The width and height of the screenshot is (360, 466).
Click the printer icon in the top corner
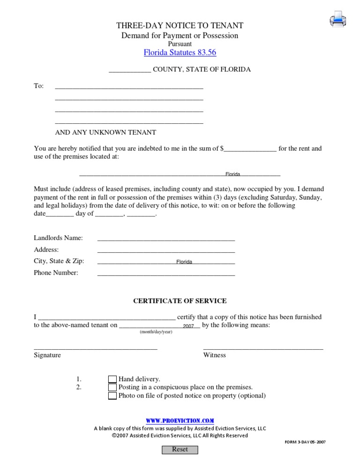[x=338, y=19]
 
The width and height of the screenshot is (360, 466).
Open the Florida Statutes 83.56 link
[x=180, y=53]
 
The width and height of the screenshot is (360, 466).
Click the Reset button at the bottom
[x=180, y=450]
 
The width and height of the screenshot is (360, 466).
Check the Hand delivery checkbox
[x=112, y=379]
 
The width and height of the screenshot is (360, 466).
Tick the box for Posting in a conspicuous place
[x=112, y=388]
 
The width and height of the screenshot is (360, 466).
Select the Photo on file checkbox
[x=112, y=396]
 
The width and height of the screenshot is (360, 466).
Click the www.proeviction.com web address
[x=180, y=421]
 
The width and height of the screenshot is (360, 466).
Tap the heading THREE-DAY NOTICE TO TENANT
[x=180, y=26]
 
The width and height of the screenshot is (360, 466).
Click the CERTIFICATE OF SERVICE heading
[x=180, y=301]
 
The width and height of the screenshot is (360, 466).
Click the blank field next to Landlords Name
[x=166, y=238]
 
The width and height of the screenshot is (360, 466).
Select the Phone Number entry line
[x=166, y=273]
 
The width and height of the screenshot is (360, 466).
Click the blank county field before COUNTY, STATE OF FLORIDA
[x=130, y=70]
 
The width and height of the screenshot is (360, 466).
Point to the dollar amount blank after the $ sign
[x=250, y=149]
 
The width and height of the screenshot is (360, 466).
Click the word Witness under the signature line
[x=214, y=355]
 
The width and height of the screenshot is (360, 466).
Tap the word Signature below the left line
[x=47, y=355]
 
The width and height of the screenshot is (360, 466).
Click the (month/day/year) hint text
[x=156, y=332]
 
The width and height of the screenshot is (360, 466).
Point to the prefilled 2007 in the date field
[x=188, y=326]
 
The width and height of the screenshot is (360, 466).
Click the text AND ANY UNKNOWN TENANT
[x=105, y=133]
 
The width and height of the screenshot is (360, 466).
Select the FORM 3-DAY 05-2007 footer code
[x=305, y=442]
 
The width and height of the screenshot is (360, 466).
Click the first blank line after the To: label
[x=129, y=86]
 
